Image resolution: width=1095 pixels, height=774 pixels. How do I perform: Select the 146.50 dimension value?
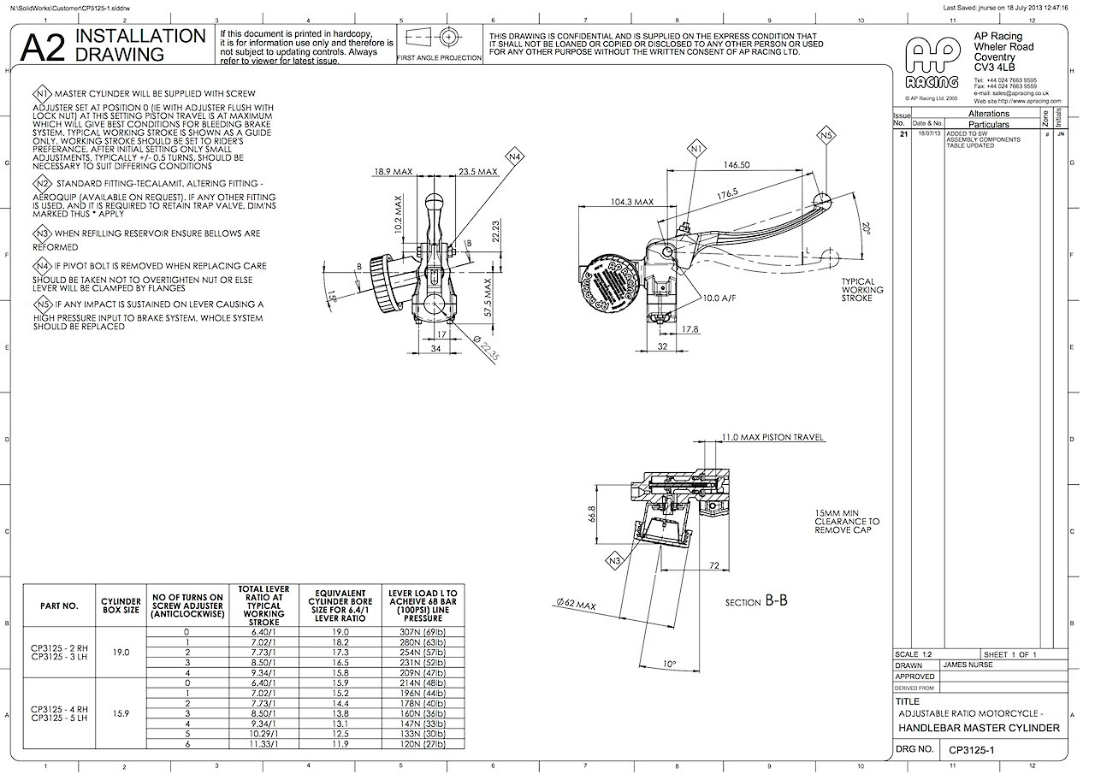pyautogui.click(x=736, y=165)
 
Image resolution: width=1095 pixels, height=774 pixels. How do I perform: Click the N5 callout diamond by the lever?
pyautogui.click(x=826, y=135)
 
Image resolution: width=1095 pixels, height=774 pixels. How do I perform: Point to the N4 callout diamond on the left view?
pyautogui.click(x=513, y=157)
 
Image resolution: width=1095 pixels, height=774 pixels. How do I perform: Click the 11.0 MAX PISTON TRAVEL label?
pyautogui.click(x=773, y=437)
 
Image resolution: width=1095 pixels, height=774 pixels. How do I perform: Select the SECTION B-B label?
pyautogui.click(x=756, y=601)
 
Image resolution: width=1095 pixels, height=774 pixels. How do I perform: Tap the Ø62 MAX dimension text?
pyautogui.click(x=573, y=604)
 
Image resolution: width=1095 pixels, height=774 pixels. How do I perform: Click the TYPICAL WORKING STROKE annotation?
pyautogui.click(x=862, y=290)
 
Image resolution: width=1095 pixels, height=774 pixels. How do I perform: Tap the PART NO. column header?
pyautogui.click(x=59, y=606)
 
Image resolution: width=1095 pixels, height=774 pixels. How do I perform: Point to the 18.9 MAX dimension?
pyautogui.click(x=393, y=172)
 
